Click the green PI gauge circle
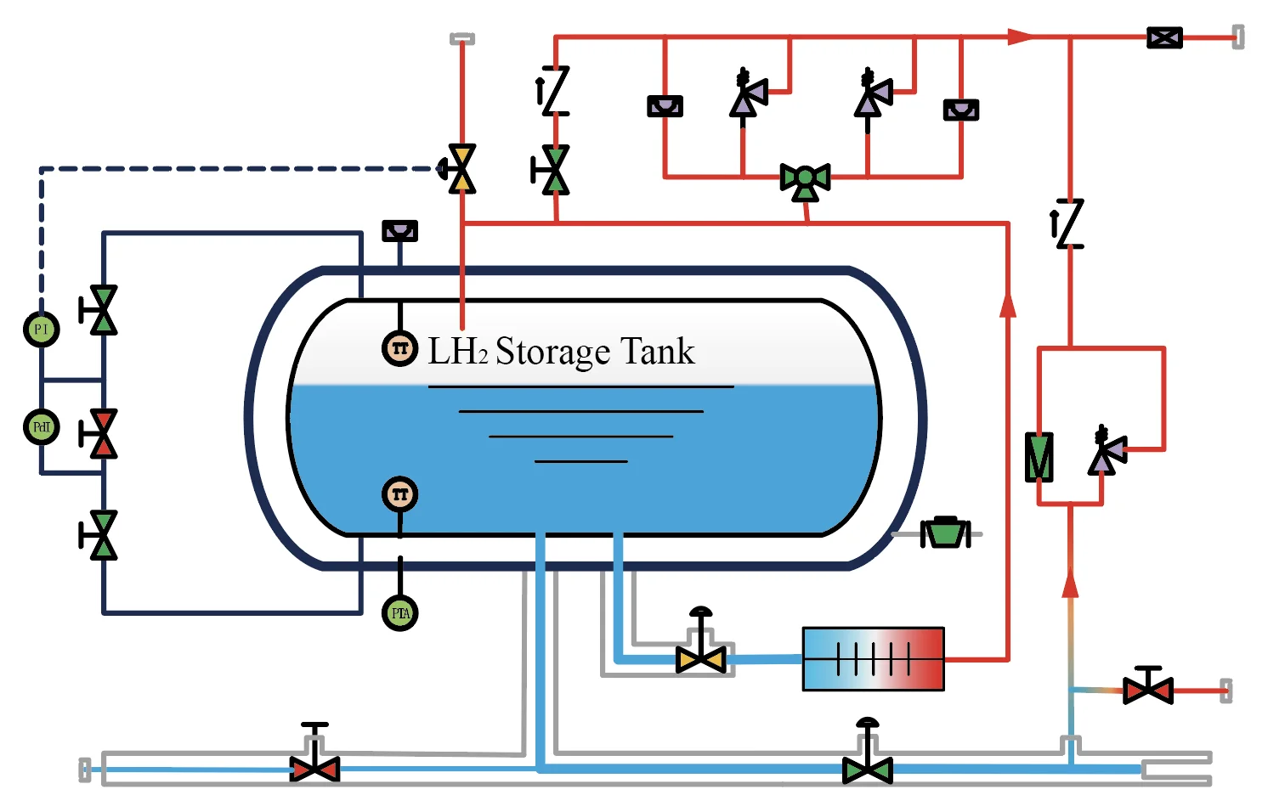point(41,329)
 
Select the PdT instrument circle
point(41,426)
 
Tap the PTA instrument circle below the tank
point(400,612)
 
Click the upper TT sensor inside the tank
point(399,348)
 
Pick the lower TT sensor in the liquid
point(399,494)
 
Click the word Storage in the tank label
point(552,352)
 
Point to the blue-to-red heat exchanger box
point(873,658)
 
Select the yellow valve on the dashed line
point(461,168)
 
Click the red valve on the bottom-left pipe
point(314,769)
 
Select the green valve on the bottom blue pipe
point(867,770)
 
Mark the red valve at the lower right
point(1148,690)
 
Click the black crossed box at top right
point(1164,37)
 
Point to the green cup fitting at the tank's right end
point(945,533)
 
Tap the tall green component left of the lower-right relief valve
point(1039,457)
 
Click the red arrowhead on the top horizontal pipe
point(1020,37)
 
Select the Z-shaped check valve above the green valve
point(555,91)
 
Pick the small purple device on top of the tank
point(399,230)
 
